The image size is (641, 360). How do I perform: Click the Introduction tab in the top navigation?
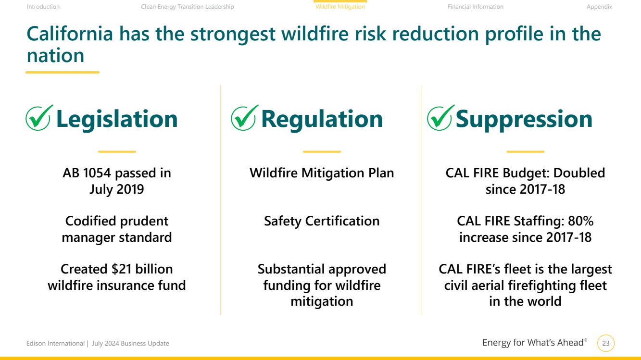pyautogui.click(x=43, y=7)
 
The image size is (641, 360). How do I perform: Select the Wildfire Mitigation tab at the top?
pyautogui.click(x=340, y=7)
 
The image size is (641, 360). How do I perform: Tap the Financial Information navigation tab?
pyautogui.click(x=475, y=7)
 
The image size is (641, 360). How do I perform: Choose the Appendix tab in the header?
pyautogui.click(x=599, y=7)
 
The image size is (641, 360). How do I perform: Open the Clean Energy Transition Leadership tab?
pyautogui.click(x=188, y=7)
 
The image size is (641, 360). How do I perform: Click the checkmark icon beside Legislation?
pyautogui.click(x=38, y=118)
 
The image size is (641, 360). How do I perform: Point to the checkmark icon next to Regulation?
pyautogui.click(x=244, y=118)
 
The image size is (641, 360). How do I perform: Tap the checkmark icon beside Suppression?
pyautogui.click(x=440, y=118)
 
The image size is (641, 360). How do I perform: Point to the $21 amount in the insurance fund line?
pyautogui.click(x=121, y=269)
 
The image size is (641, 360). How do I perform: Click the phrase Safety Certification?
pyautogui.click(x=322, y=221)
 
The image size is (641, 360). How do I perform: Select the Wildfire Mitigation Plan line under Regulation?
pyautogui.click(x=322, y=173)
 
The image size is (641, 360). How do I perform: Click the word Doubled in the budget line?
pyautogui.click(x=579, y=173)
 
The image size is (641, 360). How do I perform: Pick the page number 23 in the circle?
pyautogui.click(x=606, y=343)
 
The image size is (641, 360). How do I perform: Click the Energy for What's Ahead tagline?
pyautogui.click(x=535, y=343)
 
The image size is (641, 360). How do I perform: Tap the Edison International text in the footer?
pyautogui.click(x=55, y=343)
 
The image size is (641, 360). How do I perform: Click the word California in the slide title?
pyautogui.click(x=70, y=34)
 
